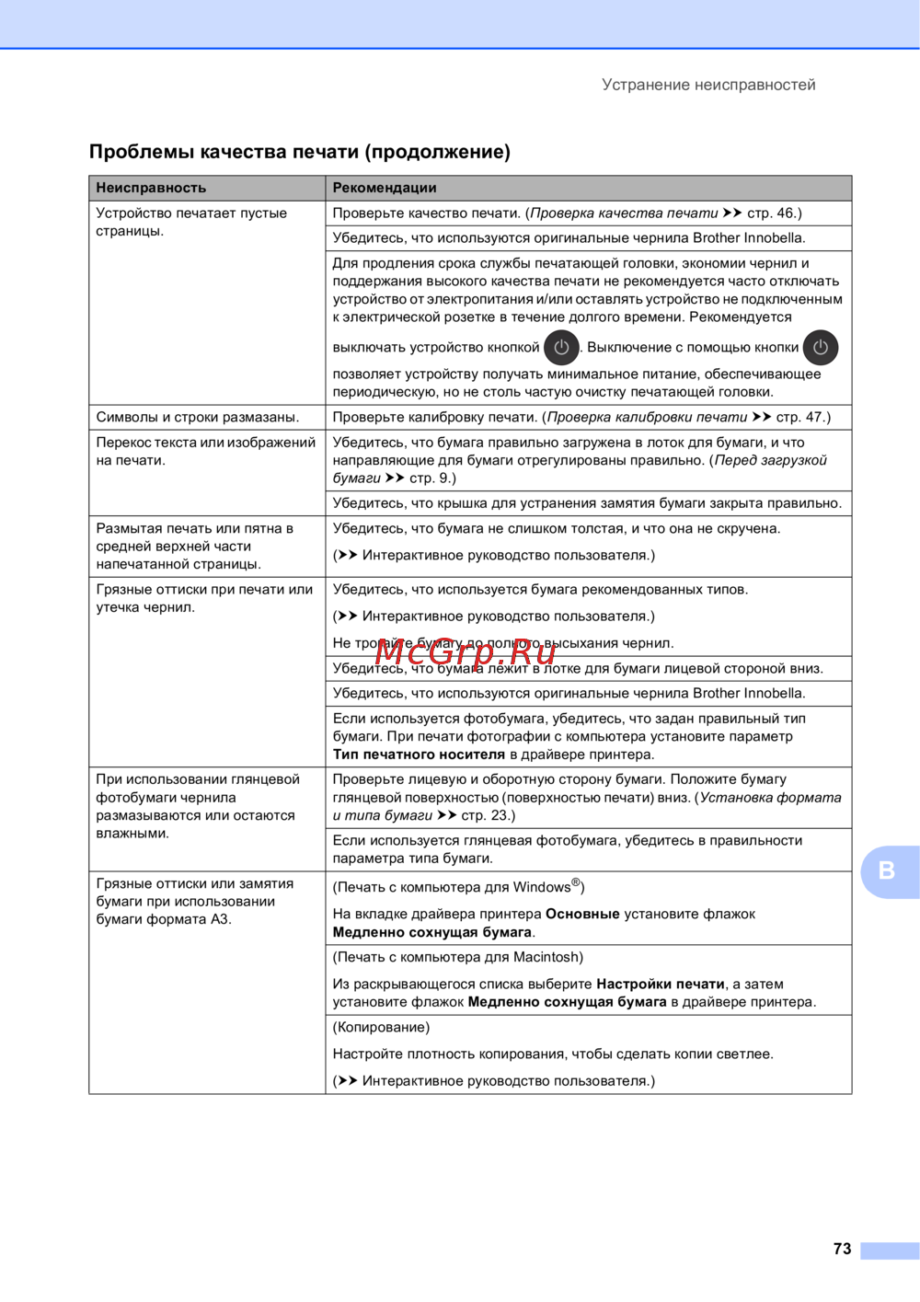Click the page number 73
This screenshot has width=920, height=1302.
coord(842,1249)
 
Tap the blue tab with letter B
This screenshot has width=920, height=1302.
coord(888,870)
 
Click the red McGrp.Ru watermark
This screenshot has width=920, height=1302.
coord(466,651)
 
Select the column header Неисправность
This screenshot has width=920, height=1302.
coord(151,188)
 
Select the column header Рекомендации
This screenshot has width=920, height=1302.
coord(385,188)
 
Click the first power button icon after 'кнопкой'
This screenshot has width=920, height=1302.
coord(561,348)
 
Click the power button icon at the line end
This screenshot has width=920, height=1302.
coord(820,348)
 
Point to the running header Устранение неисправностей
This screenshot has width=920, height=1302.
coord(708,85)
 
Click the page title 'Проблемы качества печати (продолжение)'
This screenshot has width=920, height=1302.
coord(300,152)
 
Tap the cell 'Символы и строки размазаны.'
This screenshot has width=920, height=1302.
coord(198,417)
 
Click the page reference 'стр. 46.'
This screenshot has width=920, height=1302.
coord(772,213)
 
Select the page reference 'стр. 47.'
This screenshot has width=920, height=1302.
coord(801,417)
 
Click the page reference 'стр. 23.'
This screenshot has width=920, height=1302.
coord(487,815)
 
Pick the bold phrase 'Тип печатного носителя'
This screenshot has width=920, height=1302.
coord(419,755)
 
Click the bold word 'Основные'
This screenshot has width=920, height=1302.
coord(582,914)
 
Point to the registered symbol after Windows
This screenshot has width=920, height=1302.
coord(576,883)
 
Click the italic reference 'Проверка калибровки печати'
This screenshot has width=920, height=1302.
coord(647,417)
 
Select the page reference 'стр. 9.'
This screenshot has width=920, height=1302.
coord(431,478)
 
